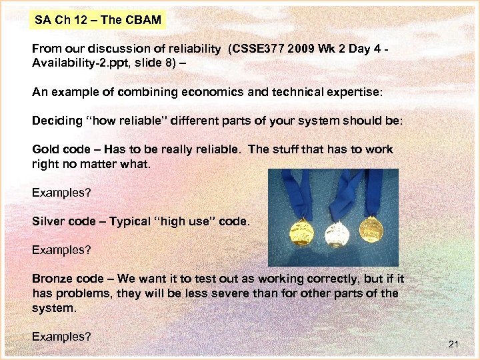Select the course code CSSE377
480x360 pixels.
pyautogui.click(x=257, y=49)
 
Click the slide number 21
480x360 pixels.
pyautogui.click(x=454, y=344)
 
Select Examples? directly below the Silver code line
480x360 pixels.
pyautogui.click(x=61, y=250)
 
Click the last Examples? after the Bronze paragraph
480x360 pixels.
pyautogui.click(x=61, y=337)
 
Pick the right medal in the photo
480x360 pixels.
pyautogui.click(x=371, y=229)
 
